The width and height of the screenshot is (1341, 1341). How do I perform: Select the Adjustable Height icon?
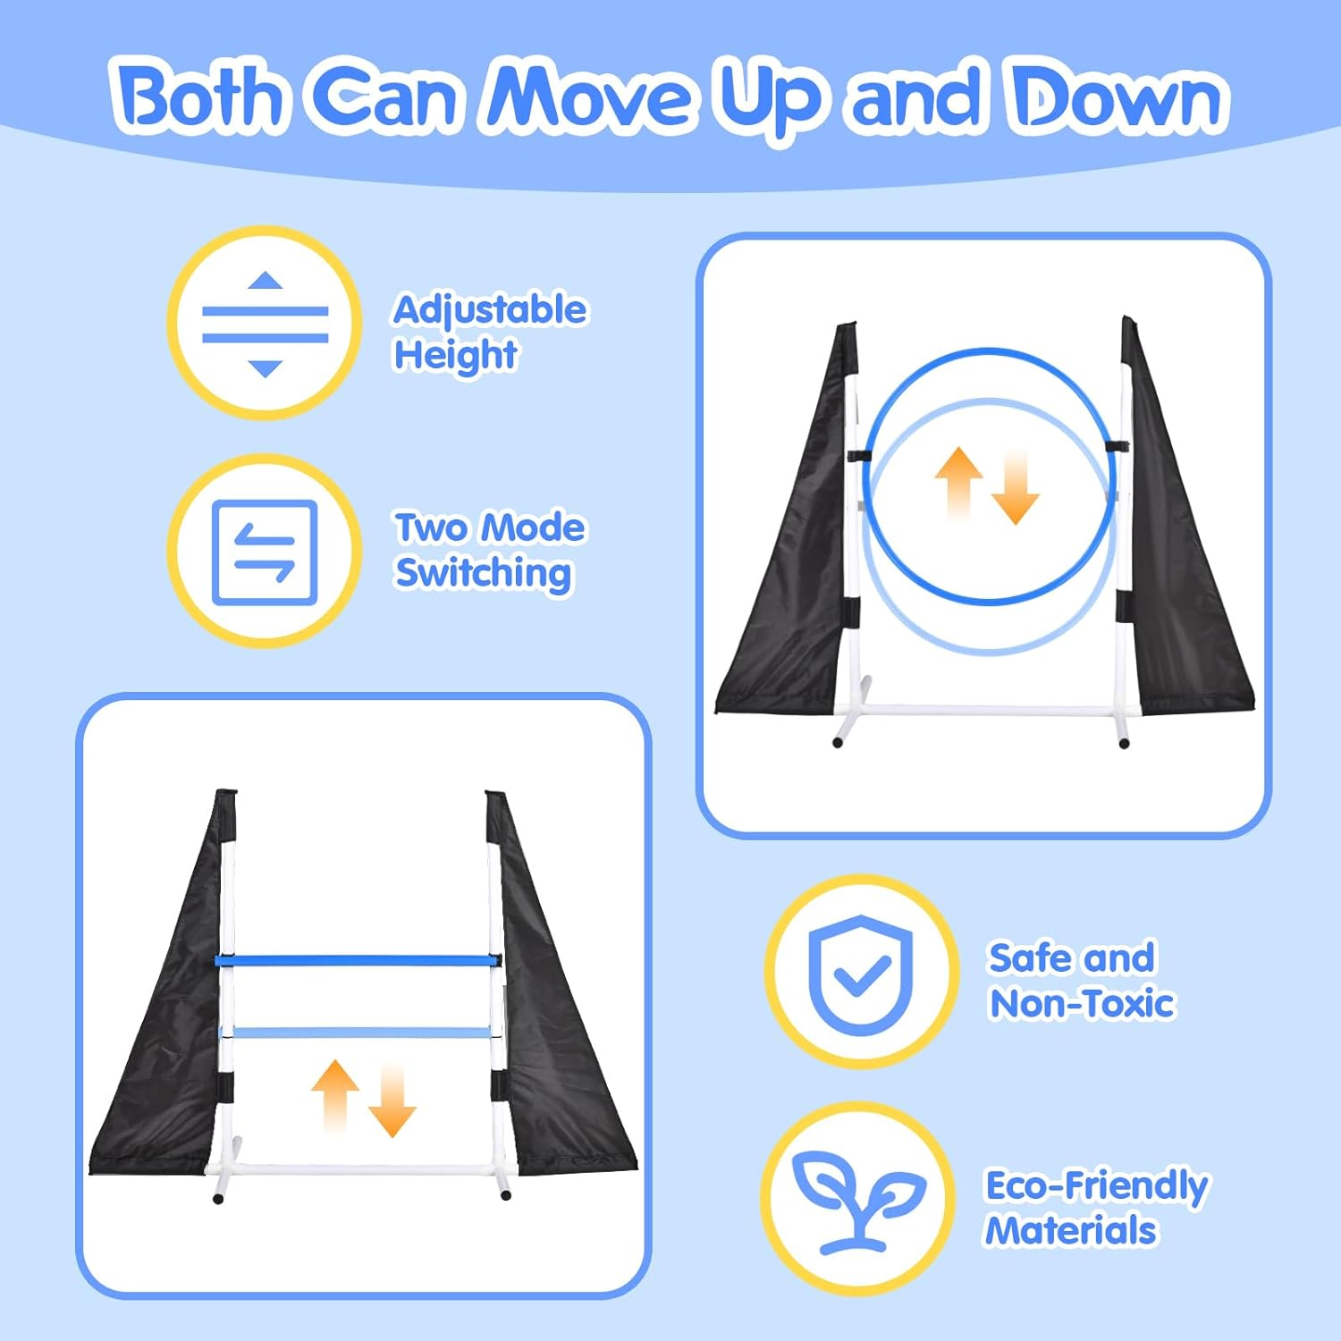click(265, 324)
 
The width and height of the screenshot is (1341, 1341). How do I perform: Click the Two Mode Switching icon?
click(265, 552)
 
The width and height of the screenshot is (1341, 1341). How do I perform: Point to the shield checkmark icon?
click(861, 972)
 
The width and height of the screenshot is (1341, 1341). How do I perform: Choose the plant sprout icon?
click(859, 1199)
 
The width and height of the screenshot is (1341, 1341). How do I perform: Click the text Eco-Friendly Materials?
click(1096, 1208)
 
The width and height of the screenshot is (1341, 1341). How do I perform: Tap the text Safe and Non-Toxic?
click(1081, 981)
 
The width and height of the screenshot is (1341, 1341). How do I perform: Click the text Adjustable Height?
click(490, 333)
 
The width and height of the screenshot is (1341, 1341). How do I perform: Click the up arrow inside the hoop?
click(958, 483)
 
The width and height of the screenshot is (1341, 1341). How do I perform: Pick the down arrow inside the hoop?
click(1015, 488)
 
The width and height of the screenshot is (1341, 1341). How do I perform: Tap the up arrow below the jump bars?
click(335, 1096)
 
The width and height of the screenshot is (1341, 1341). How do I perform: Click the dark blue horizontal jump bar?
click(358, 961)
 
